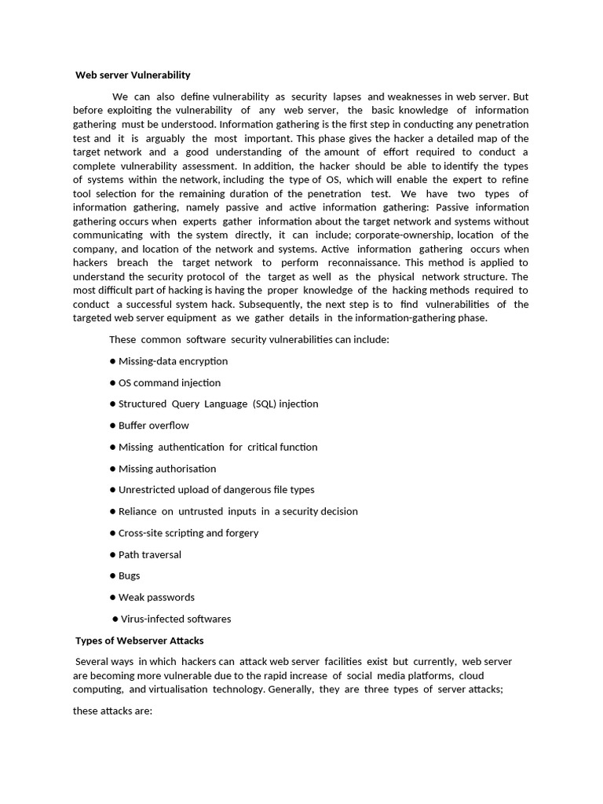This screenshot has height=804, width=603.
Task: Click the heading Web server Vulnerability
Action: click(x=133, y=75)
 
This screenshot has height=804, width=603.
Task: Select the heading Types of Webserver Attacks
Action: click(x=139, y=641)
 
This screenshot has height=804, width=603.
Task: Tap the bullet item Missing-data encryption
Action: click(x=173, y=361)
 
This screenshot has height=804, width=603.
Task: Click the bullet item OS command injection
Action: click(x=169, y=383)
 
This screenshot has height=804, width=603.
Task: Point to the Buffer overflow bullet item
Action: click(x=153, y=426)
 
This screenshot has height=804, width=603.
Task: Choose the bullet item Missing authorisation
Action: click(x=166, y=469)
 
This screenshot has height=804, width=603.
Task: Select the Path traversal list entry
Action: click(x=149, y=554)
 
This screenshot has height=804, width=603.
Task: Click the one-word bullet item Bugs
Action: click(x=129, y=576)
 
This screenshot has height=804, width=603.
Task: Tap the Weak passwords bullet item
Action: click(x=156, y=598)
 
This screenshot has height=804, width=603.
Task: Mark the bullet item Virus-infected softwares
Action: click(x=176, y=619)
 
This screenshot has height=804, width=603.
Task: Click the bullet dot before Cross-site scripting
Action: click(x=113, y=533)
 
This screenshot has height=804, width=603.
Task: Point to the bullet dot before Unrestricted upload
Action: click(x=113, y=490)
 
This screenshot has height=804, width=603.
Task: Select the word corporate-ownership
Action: click(x=407, y=235)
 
